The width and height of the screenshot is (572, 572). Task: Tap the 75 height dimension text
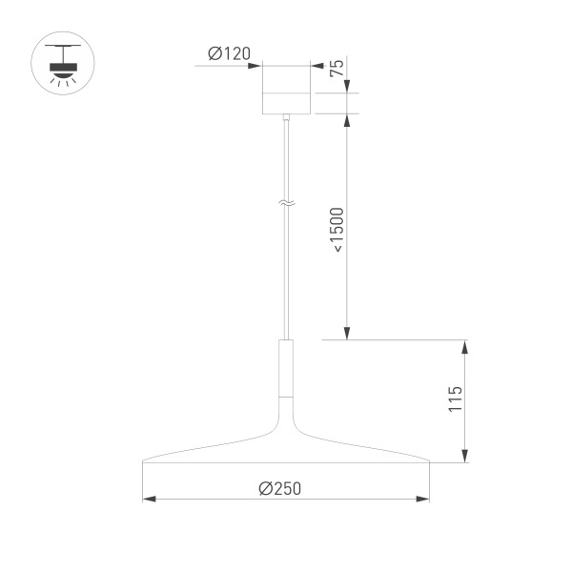336,68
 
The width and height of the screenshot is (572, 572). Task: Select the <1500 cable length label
337,229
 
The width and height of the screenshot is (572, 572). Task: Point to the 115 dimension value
456,398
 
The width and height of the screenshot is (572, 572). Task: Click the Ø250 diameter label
279,487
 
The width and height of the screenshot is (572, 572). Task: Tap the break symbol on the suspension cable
286,202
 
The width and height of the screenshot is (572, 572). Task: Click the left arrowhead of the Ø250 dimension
148,499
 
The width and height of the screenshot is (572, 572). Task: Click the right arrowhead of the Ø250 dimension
423,499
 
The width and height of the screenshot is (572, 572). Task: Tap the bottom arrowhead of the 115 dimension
464,457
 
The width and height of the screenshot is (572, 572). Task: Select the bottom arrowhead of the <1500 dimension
348,333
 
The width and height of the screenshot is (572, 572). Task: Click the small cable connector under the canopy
286,117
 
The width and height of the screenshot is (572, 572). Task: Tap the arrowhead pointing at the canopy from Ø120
256,65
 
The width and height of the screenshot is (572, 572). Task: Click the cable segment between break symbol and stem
286,276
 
